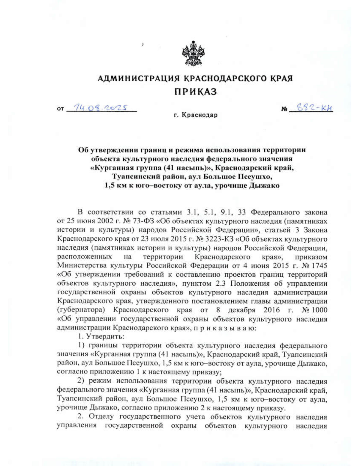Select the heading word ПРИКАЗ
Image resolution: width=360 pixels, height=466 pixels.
(195, 92)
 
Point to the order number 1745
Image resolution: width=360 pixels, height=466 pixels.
(319, 266)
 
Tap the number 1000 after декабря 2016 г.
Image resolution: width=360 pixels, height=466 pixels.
(319, 310)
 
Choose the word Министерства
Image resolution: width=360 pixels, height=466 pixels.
(81, 266)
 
